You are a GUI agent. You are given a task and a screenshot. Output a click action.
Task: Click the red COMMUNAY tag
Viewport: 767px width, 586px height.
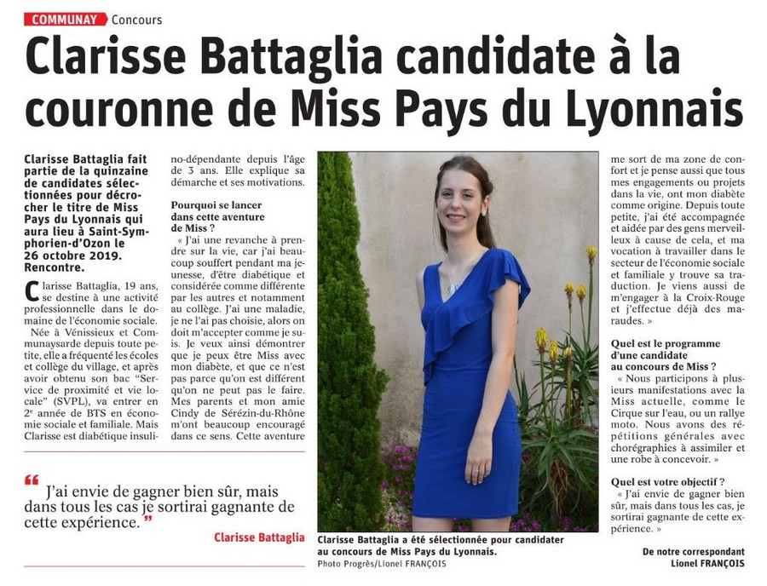click(65, 19)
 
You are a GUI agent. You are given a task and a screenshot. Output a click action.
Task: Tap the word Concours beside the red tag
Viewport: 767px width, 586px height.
click(136, 20)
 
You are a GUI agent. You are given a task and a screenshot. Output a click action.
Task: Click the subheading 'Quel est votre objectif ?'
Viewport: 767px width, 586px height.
click(668, 480)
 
